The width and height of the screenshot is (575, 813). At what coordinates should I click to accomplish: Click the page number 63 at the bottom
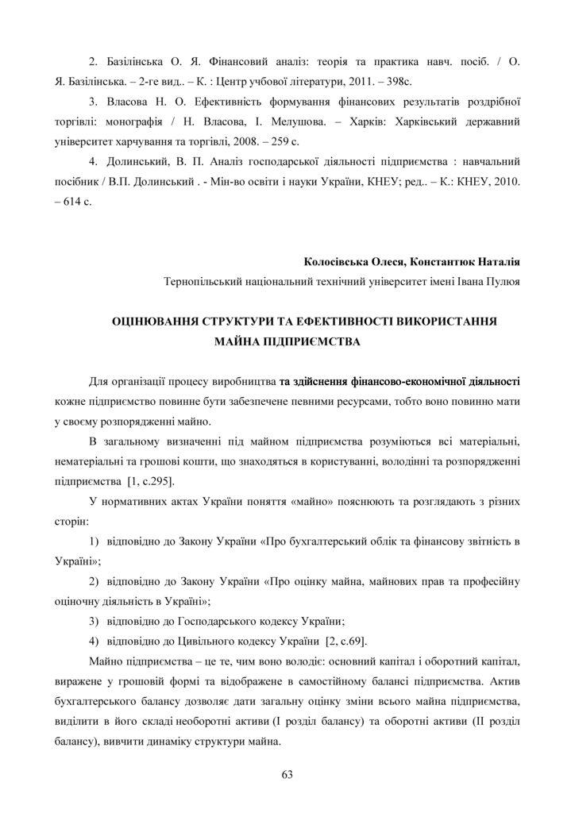click(x=287, y=775)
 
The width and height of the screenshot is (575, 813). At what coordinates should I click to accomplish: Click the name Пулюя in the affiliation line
click(x=503, y=281)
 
